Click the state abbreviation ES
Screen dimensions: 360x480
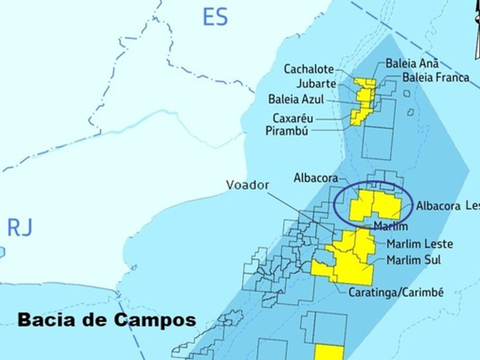click(215, 16)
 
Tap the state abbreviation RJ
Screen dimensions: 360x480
click(19, 227)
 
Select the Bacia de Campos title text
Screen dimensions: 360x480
click(107, 321)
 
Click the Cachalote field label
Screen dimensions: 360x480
click(308, 69)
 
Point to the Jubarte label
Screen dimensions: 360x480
click(316, 84)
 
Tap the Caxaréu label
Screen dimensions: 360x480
click(293, 118)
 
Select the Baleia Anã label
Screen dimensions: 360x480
click(412, 64)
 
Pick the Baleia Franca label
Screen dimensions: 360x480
click(436, 78)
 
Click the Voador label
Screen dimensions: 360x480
click(247, 185)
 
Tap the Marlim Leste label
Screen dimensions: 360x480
click(419, 244)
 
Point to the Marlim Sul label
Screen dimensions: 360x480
click(414, 260)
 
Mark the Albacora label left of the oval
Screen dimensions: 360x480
click(316, 178)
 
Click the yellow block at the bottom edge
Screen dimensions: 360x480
click(328, 352)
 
